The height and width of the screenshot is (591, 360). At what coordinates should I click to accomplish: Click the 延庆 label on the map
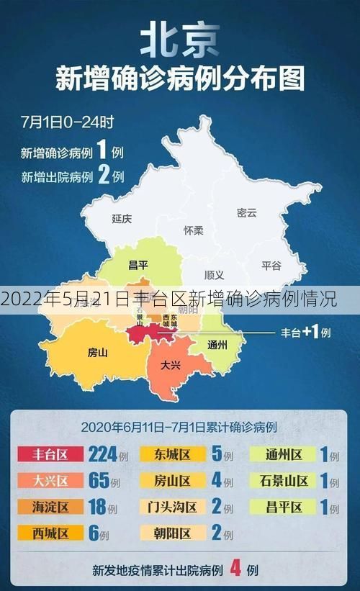point(122,218)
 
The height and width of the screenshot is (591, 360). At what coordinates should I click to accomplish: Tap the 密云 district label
point(246,212)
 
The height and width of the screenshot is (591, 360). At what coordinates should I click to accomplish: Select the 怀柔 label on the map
point(194,230)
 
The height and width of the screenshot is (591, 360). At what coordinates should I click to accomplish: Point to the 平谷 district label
point(271,265)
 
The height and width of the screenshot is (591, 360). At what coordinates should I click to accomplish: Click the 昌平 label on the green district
point(138,265)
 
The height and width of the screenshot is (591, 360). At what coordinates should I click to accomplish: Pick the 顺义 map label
point(214,275)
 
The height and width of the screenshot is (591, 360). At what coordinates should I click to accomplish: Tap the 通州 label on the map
point(217,344)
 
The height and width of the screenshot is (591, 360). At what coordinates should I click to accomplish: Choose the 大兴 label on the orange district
point(171,364)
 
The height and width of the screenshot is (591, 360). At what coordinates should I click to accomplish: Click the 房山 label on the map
point(97,352)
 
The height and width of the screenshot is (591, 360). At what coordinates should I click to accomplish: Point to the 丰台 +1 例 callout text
point(305,333)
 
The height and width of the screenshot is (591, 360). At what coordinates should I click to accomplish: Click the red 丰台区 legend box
point(50,455)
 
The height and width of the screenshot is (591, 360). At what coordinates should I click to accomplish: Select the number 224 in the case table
point(102,455)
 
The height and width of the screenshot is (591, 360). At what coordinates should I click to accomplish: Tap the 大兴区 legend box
point(50,481)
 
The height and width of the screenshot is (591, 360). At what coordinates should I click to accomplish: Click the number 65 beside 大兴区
point(98,481)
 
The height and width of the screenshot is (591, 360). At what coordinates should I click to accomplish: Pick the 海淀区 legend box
point(50,507)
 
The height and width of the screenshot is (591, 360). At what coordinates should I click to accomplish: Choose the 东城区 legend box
point(172,455)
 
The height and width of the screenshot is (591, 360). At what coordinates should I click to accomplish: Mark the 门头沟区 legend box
point(172,507)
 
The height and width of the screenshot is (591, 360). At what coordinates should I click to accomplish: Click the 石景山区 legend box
point(283,481)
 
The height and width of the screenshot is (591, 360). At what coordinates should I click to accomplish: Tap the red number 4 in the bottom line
point(234,569)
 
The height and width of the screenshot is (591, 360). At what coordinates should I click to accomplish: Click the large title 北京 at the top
point(180,40)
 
